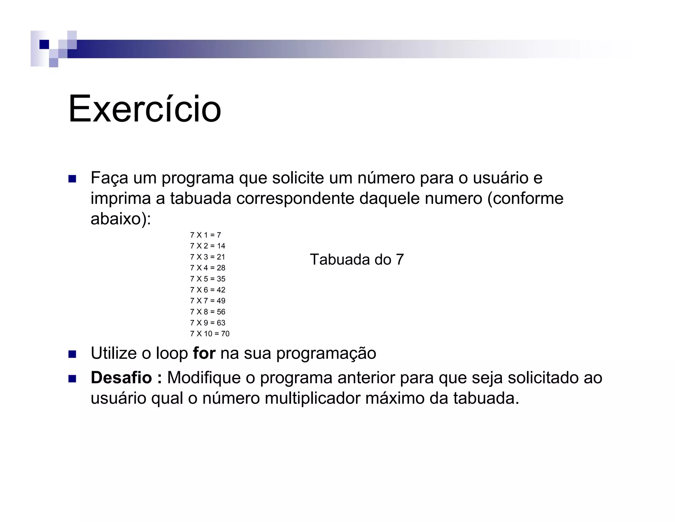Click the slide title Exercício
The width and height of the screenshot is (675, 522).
tap(144, 109)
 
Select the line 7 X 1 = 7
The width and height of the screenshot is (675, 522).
tap(205, 235)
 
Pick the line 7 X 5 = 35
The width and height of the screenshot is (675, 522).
tap(208, 279)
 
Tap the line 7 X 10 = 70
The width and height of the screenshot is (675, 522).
tap(210, 334)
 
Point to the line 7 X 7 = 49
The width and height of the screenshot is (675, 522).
tap(208, 301)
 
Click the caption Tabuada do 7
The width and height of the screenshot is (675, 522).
tap(357, 260)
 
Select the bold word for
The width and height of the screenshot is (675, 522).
tap(204, 353)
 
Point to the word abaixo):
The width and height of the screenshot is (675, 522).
tap(121, 219)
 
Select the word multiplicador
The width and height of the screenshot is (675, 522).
tap(312, 398)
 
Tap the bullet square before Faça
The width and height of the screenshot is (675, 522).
tap(72, 179)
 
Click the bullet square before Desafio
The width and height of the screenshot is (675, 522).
tap(72, 379)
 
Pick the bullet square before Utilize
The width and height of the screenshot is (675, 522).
tap(72, 354)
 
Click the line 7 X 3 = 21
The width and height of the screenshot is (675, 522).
tap(208, 257)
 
